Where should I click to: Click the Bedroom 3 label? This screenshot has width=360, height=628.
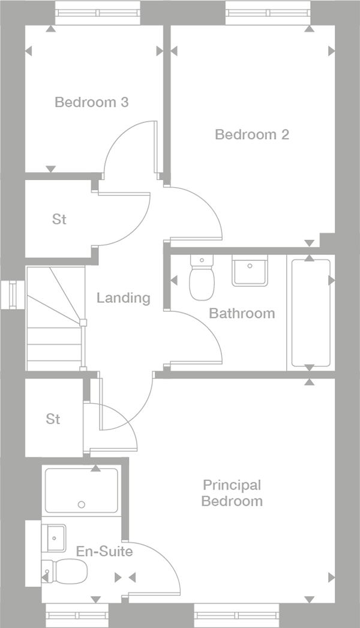pos(91,102)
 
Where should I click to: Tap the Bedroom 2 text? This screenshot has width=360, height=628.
pos(251,134)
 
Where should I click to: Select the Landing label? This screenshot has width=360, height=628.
pos(123,298)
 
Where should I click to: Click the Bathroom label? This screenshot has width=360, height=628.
pos(242,313)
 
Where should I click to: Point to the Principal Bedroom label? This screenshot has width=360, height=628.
pos(232,492)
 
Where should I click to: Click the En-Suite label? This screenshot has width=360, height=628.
pos(104,551)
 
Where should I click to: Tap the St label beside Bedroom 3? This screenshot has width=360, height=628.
pos(59,220)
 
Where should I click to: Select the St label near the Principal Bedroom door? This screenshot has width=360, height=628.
pos(53,419)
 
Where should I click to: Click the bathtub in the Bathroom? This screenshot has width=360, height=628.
pos(311,313)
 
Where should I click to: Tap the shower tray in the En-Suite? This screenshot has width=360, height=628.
pos(81,490)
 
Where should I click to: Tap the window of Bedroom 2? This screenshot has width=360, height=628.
pos(268,13)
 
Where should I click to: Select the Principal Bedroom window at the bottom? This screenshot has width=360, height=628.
pos(236,615)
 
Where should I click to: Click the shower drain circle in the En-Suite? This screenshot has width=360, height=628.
pos(82,504)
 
